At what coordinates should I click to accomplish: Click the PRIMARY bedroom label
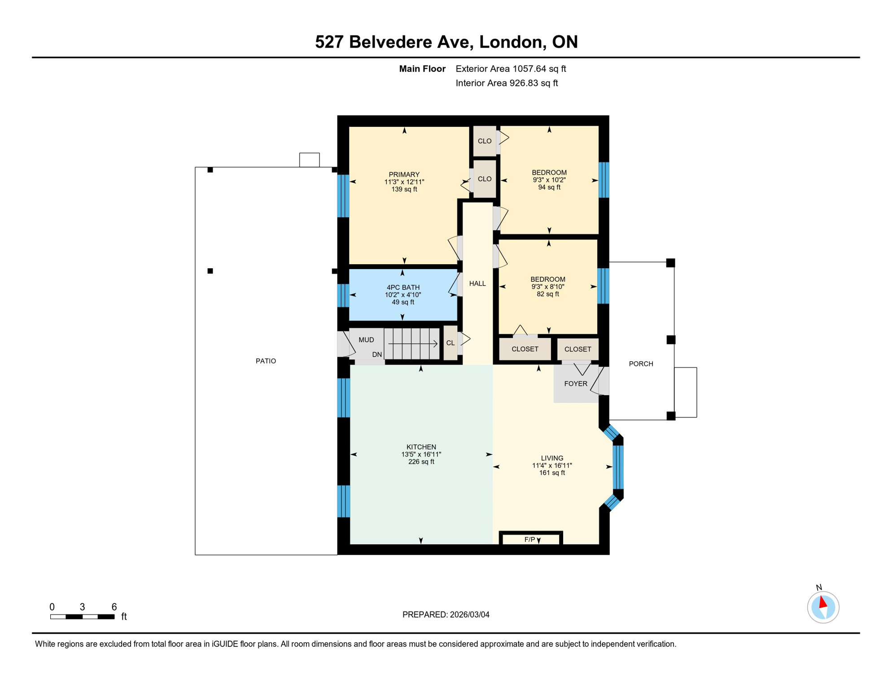coord(404,174)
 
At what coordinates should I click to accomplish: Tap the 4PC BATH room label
coord(402,288)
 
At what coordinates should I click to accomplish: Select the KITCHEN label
coord(421,447)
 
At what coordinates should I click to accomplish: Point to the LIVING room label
coord(551,458)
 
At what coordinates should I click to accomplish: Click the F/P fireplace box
coord(530,539)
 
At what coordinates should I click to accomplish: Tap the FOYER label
coord(575,384)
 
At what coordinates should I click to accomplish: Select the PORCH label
coord(640,364)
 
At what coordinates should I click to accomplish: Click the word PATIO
coord(266,361)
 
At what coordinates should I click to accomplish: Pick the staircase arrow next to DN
coord(412,344)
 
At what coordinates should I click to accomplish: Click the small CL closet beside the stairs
coord(450,343)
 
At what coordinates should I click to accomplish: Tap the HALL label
coord(477,283)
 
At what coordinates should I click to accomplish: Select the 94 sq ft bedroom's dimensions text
coord(549,180)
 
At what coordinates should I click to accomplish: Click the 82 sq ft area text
coord(547,294)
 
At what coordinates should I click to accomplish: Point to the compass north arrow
coord(822,602)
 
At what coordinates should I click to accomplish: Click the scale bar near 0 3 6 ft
coord(82,617)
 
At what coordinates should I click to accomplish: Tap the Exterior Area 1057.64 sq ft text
coord(510,69)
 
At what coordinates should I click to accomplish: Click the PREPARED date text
coord(446,615)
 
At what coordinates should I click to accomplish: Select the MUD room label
coord(366,340)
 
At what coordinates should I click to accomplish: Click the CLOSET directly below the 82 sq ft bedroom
coord(525,349)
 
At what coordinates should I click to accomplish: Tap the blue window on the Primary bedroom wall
coord(343,196)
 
